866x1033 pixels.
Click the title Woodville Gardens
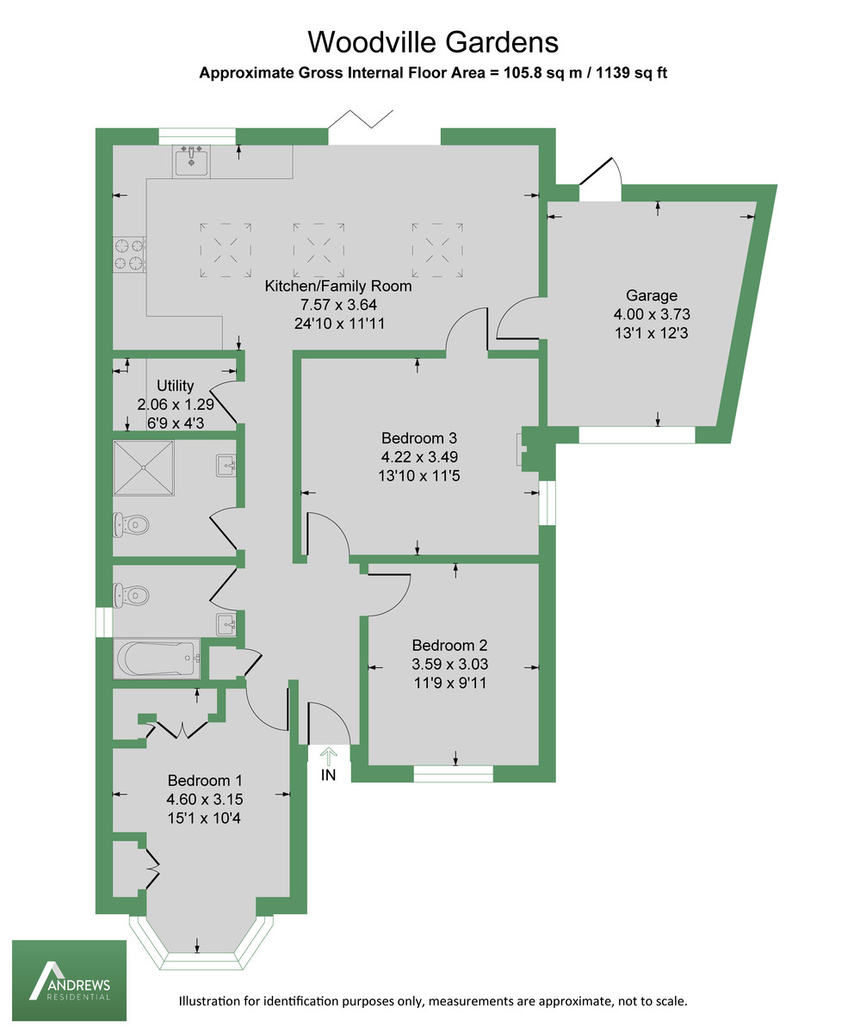click(x=433, y=41)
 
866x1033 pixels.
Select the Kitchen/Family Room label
click(x=337, y=287)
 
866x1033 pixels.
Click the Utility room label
click(x=175, y=386)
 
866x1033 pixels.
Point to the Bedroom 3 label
click(x=418, y=437)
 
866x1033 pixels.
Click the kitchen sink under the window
click(x=191, y=160)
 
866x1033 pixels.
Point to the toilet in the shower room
click(x=128, y=523)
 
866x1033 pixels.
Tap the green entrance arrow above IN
click(x=328, y=755)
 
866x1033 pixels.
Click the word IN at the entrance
click(x=328, y=776)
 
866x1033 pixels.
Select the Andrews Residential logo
click(x=69, y=981)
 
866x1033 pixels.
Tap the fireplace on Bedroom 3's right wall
click(x=519, y=449)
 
